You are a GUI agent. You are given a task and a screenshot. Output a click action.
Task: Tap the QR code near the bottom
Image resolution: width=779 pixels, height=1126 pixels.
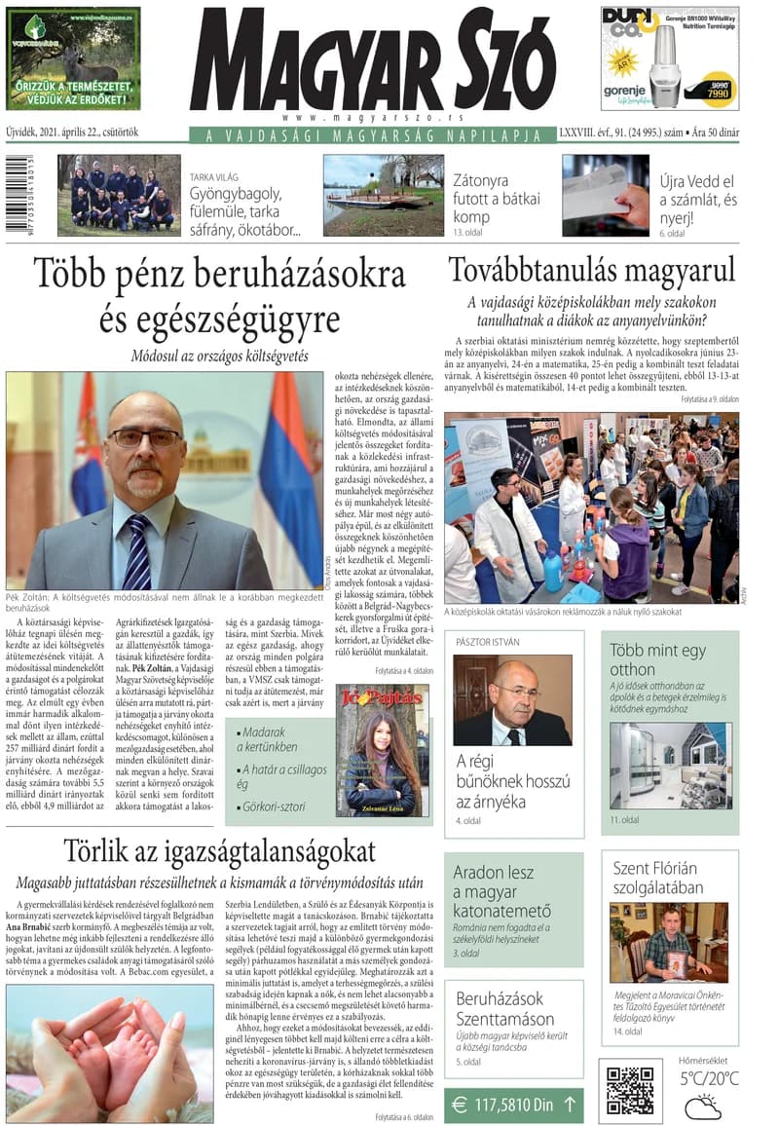point(629,1090)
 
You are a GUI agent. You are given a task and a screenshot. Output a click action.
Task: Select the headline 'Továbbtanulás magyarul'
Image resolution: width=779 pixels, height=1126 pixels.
point(591,270)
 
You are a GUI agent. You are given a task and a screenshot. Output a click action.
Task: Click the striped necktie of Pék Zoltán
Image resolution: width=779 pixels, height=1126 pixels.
point(137,552)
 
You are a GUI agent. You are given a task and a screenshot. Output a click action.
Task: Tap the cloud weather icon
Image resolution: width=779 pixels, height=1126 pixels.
point(702,1107)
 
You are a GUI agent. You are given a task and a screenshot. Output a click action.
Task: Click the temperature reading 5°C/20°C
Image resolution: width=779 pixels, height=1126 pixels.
point(709,1078)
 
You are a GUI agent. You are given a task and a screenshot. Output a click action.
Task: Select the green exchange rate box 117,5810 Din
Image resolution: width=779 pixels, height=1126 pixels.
point(514,1106)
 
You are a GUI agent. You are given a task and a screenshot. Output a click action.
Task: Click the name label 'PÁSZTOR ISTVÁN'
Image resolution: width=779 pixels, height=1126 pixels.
point(488,642)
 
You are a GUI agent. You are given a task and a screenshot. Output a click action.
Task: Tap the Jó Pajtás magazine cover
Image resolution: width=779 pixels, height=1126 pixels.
point(382,750)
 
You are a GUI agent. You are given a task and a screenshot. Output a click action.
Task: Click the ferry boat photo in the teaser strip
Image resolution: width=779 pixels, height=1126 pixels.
point(383,195)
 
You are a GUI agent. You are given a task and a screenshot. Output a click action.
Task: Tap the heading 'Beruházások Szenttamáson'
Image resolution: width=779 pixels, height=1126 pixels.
point(505,1008)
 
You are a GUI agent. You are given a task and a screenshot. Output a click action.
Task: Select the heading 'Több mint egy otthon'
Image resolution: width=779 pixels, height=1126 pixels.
point(658,659)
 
